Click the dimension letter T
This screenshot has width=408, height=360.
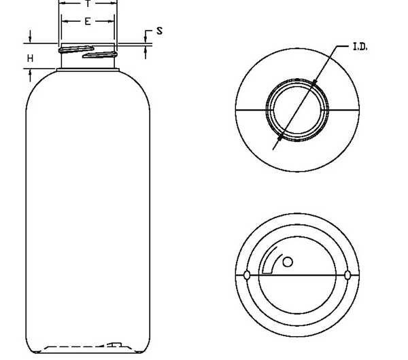click(x=88, y=3)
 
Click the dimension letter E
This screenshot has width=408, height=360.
click(x=88, y=21)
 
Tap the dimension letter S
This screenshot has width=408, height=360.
click(x=160, y=31)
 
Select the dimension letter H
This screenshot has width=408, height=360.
click(x=30, y=58)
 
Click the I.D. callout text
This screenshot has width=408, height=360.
click(x=360, y=47)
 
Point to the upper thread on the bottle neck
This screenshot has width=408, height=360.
click(x=76, y=49)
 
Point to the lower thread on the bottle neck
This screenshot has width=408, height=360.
click(x=100, y=54)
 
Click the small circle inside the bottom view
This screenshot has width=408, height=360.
click(x=288, y=262)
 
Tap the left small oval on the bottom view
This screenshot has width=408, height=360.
click(x=247, y=275)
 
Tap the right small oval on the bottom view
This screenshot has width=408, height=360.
click(x=347, y=275)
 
